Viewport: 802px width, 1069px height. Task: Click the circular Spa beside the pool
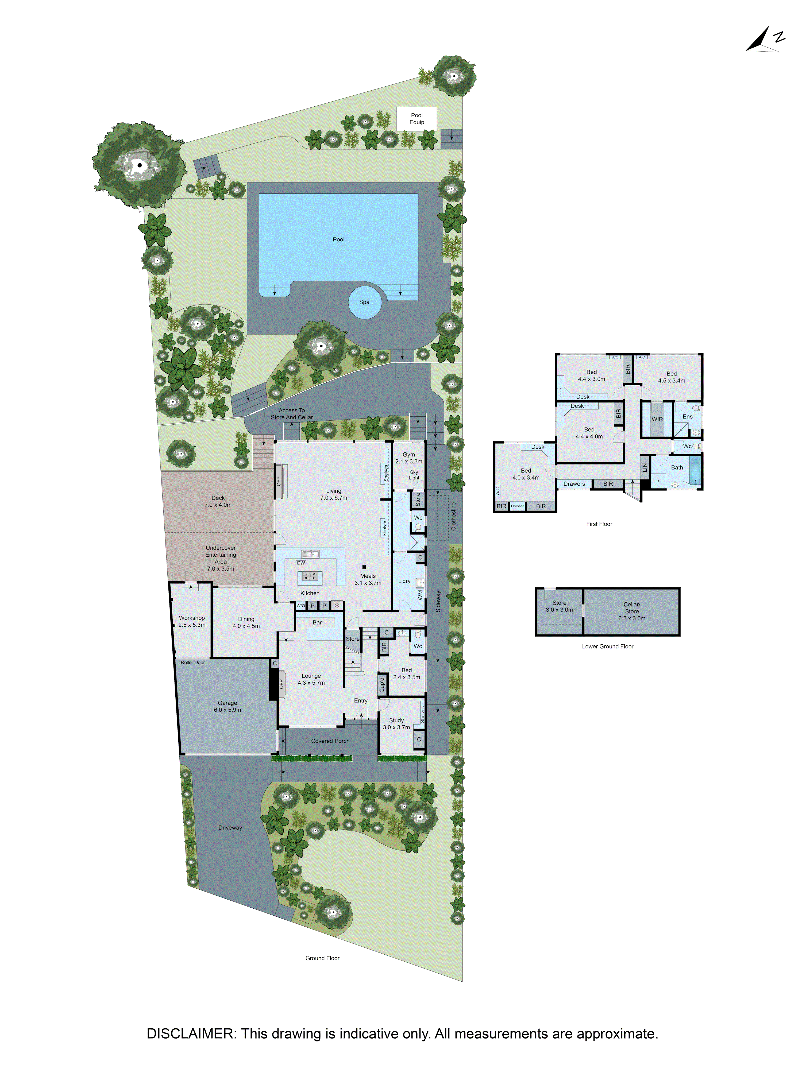364,303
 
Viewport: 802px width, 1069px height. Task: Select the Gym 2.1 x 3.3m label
408,458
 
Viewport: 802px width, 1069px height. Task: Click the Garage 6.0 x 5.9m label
227,706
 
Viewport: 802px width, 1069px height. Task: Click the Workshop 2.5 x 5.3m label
192,621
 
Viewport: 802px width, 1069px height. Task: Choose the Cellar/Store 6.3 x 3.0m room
631,611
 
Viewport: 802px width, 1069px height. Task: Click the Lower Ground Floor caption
607,646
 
